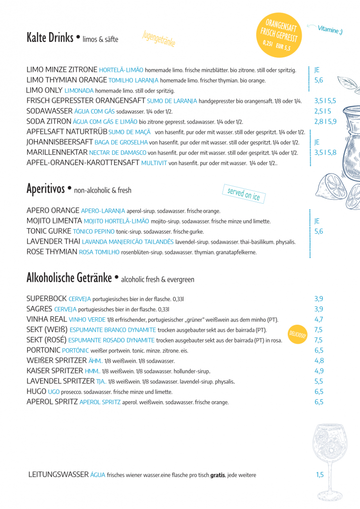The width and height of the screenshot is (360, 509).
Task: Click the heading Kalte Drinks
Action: click(50, 38)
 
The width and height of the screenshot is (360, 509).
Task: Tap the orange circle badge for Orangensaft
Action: click(280, 35)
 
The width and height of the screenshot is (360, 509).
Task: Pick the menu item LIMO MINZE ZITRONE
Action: click(62, 70)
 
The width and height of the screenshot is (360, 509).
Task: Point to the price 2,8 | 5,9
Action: click(325, 121)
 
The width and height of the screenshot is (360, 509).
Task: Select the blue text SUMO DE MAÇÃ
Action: click(130, 132)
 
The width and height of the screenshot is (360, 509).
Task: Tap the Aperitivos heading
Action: click(46, 189)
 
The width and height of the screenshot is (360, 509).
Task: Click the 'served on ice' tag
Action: click(244, 194)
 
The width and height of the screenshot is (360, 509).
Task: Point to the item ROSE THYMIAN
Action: click(52, 252)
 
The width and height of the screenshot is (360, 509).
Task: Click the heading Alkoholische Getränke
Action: click(69, 278)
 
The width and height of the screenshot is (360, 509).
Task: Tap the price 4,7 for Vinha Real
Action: click(319, 319)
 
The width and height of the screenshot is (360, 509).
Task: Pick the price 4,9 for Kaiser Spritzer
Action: click(319, 371)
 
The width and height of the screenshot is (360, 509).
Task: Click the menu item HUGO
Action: click(36, 392)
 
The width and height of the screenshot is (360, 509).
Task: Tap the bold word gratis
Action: click(218, 475)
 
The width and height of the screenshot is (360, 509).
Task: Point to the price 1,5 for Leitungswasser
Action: click(320, 475)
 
